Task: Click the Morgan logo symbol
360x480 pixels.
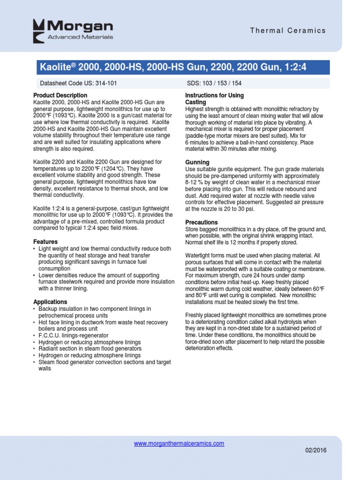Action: point(39,29)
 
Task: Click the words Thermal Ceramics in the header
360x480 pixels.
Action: point(288,30)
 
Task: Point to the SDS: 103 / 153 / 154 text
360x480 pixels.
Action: point(214,83)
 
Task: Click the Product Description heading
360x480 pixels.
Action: point(57,96)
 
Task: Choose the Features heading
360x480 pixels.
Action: point(45,242)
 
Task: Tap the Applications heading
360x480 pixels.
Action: point(50,302)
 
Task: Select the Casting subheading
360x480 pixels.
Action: point(195,102)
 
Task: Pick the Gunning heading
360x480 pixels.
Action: point(197,162)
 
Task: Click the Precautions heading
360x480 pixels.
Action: point(202,222)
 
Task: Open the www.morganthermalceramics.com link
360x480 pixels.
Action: point(179,443)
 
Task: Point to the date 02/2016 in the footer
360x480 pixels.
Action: point(315,450)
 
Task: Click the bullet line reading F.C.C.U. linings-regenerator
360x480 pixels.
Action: point(73,336)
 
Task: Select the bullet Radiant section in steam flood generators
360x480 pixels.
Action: point(90,349)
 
